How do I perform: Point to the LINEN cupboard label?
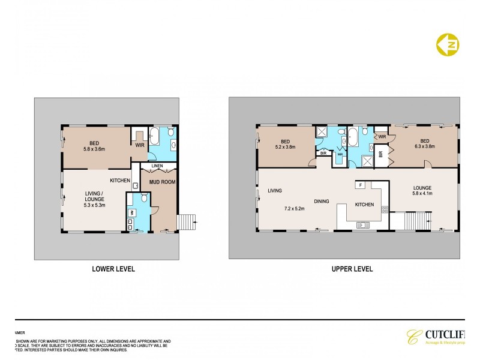pos(157,166)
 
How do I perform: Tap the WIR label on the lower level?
pos(139,145)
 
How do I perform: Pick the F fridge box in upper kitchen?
pos(362,184)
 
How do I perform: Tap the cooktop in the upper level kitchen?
pos(385,209)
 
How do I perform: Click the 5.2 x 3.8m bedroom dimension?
pos(287,146)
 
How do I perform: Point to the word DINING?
pos(321,201)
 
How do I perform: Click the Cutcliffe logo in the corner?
pos(441,337)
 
